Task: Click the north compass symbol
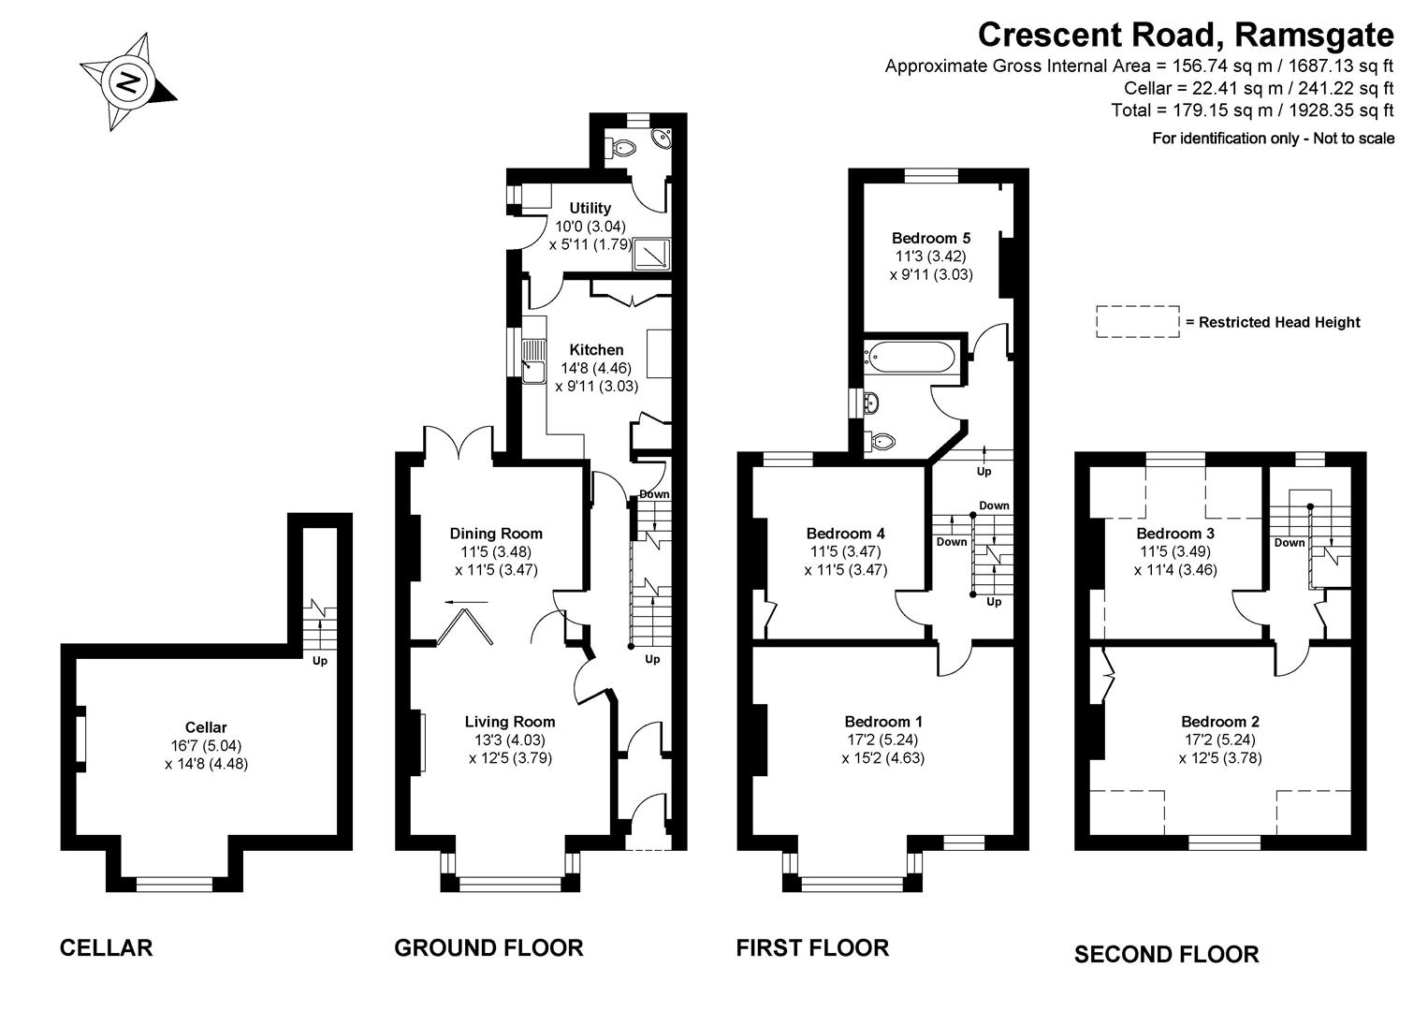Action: (129, 82)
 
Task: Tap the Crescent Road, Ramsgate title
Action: (1186, 35)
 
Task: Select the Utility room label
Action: (590, 208)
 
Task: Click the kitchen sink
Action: (533, 361)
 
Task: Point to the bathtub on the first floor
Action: (910, 358)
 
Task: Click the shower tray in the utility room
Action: (651, 255)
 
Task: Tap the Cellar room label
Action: (206, 727)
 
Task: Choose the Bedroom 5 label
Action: (931, 239)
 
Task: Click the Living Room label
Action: (509, 722)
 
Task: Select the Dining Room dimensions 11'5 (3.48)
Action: (496, 551)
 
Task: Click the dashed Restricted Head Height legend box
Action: (1137, 321)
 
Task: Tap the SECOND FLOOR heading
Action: (1167, 954)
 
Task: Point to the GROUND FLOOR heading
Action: (488, 948)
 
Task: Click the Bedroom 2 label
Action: (1220, 722)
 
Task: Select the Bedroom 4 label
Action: (845, 534)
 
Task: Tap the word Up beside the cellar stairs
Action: (319, 662)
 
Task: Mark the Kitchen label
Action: (596, 349)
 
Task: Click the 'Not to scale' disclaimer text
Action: (1353, 139)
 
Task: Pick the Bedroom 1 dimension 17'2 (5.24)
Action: (882, 740)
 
